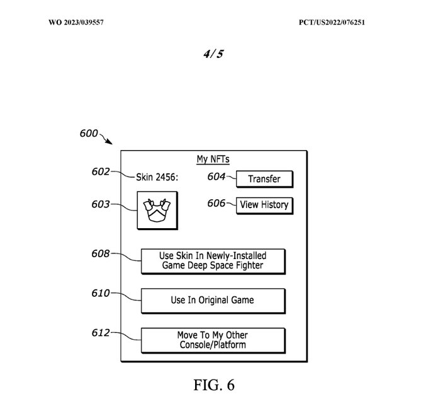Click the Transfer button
pyautogui.click(x=264, y=179)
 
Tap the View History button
pyautogui.click(x=264, y=205)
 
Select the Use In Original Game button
pyautogui.click(x=212, y=300)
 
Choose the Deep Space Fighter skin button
pyautogui.click(x=212, y=260)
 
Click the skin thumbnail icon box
pyautogui.click(x=157, y=211)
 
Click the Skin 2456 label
pyautogui.click(x=157, y=177)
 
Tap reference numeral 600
pyautogui.click(x=89, y=134)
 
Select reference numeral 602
pyautogui.click(x=101, y=171)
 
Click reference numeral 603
pyautogui.click(x=101, y=204)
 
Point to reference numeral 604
pyautogui.click(x=217, y=177)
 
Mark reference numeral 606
pyautogui.click(x=217, y=202)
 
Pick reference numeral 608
pyautogui.click(x=101, y=254)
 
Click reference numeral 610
pyautogui.click(x=101, y=293)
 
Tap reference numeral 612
pyautogui.click(x=101, y=333)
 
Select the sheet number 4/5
pyautogui.click(x=213, y=54)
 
